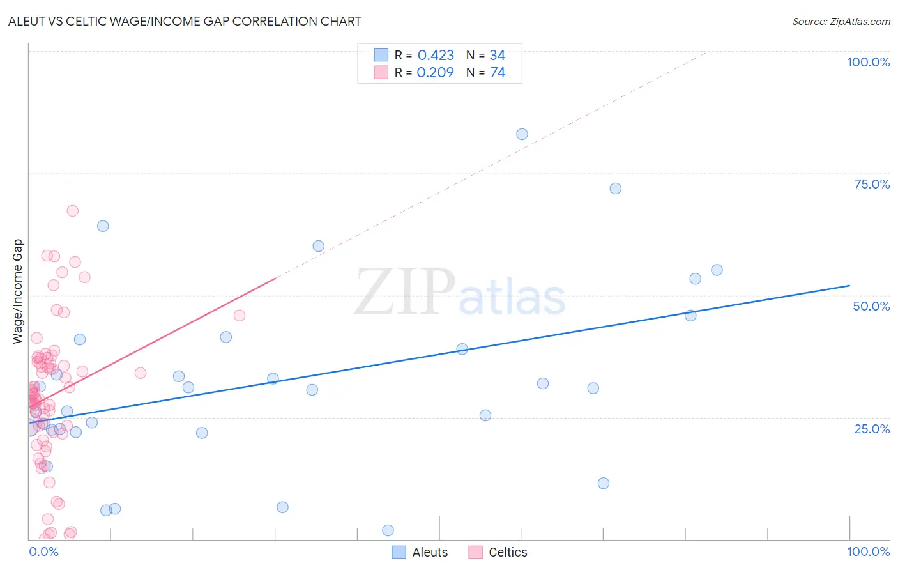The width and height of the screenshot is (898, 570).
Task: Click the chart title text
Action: (x=185, y=21)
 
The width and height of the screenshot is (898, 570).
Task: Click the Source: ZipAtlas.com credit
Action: (x=841, y=21)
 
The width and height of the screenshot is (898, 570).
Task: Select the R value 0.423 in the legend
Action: (x=436, y=56)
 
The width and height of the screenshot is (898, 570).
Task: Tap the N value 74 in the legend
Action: (x=498, y=73)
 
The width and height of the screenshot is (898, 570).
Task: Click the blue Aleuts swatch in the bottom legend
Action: (x=399, y=552)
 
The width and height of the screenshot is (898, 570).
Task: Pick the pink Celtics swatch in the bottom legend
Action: (x=475, y=552)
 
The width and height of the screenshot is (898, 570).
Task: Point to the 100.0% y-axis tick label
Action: (x=868, y=62)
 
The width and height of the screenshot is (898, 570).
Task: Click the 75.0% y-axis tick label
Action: (x=872, y=184)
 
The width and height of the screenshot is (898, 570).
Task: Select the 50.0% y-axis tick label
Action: (x=871, y=306)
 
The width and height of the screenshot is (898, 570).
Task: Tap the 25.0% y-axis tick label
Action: (x=872, y=428)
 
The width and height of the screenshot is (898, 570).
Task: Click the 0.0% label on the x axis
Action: (x=43, y=551)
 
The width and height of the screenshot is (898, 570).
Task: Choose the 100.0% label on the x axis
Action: (x=868, y=551)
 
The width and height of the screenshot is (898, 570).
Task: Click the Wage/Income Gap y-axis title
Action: (x=17, y=291)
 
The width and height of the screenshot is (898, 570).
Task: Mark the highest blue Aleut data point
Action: (x=522, y=134)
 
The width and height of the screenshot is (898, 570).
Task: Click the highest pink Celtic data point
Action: (x=73, y=211)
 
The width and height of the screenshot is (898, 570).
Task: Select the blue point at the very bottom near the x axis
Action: (x=388, y=530)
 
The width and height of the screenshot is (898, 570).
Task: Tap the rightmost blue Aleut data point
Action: (x=717, y=270)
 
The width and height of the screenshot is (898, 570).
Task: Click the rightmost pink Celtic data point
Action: (x=240, y=315)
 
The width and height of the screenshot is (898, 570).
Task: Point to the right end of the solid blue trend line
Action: (x=849, y=286)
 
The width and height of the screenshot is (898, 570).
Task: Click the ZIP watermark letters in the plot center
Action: (x=405, y=293)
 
